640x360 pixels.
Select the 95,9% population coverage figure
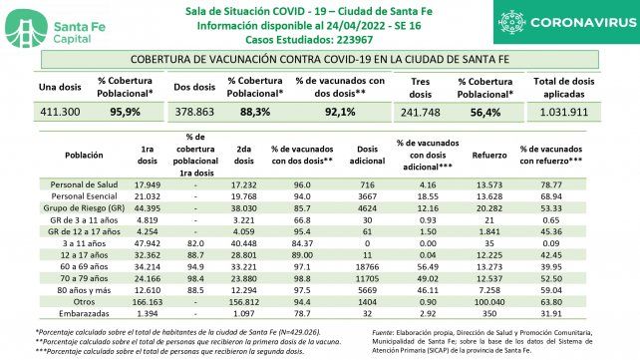[124, 113]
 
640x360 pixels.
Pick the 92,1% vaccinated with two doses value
[343, 113]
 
